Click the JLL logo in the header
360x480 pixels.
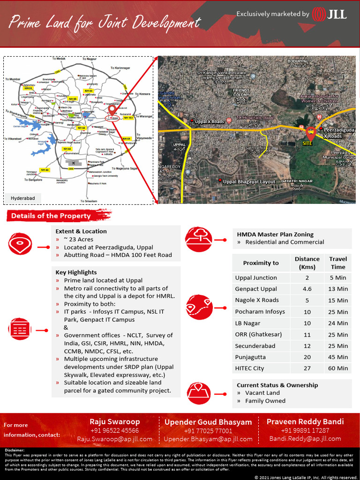(x=330, y=14)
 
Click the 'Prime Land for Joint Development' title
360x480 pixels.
(x=105, y=22)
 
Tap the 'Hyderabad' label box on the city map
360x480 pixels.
(x=23, y=198)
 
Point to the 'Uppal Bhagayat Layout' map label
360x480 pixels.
(x=249, y=182)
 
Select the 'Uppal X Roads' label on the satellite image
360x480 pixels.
(x=210, y=122)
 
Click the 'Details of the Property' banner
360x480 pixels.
(x=51, y=216)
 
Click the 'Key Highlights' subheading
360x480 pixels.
(x=76, y=272)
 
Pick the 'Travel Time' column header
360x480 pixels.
(x=338, y=262)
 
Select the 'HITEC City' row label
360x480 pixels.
(x=249, y=368)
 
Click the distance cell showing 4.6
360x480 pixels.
(x=307, y=289)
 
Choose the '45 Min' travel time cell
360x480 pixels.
(x=338, y=357)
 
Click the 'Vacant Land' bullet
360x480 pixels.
(x=262, y=393)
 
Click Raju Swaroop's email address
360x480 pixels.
(x=115, y=439)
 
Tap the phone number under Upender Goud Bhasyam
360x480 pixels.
(x=208, y=431)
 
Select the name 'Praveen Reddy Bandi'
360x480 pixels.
(x=305, y=421)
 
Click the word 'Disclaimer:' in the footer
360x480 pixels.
(x=15, y=450)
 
